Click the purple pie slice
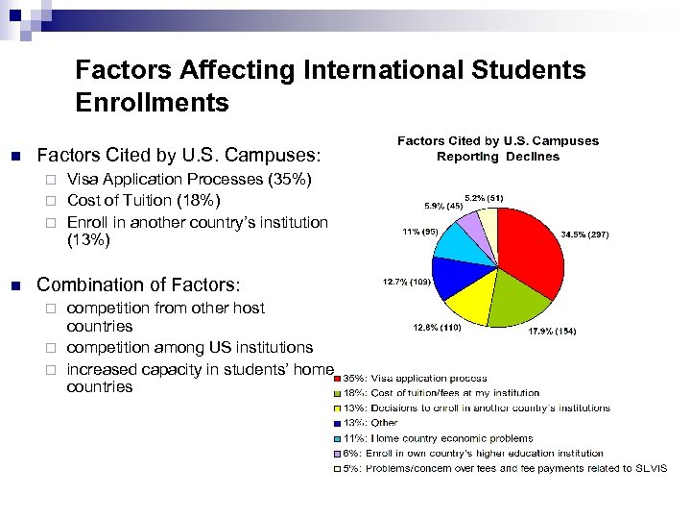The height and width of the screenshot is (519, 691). coord(473,228)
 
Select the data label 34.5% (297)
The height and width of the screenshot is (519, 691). coord(584,234)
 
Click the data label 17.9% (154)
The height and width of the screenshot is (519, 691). coord(552,332)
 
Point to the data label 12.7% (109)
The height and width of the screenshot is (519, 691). coord(407,282)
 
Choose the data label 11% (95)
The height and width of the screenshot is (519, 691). coord(420,232)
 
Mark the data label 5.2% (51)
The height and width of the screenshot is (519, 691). coord(484,198)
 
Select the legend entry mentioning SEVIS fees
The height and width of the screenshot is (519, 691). coord(500,468)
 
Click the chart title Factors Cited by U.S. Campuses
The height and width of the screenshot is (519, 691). coord(497,141)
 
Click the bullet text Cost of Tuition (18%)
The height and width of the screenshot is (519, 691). coord(143,200)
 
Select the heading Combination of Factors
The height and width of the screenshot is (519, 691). coord(138,284)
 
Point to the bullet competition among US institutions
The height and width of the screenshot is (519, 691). coord(190,347)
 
